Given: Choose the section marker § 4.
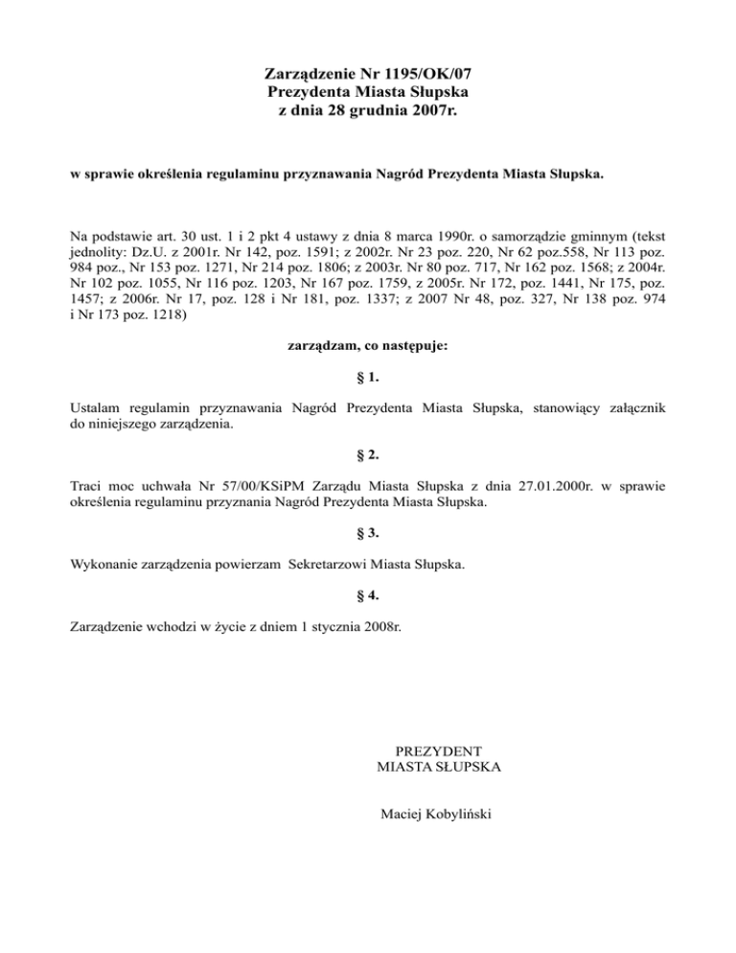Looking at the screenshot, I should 367,595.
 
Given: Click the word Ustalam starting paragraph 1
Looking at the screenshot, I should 97,408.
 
